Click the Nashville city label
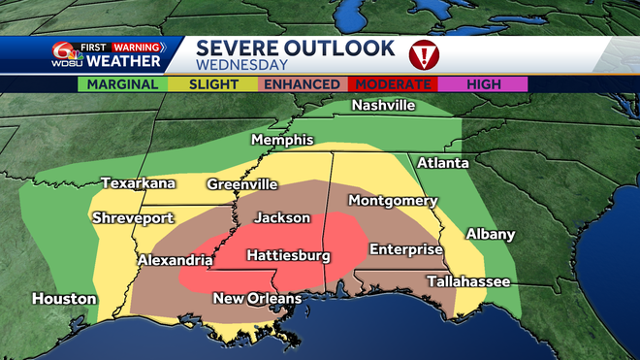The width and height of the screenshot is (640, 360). point(383,105)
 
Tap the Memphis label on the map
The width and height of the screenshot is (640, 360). point(283,141)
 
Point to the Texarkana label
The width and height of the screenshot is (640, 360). point(138,183)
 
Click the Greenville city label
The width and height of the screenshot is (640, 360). point(241,183)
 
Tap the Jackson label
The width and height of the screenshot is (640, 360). point(282,218)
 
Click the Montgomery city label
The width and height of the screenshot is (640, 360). point(393,201)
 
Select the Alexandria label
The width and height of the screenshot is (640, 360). point(175,260)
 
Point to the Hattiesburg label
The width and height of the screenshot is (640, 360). point(288,256)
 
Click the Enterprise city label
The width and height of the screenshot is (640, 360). point(405,249)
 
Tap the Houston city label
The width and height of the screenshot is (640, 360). point(64,299)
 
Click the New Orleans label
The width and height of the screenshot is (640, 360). point(257,299)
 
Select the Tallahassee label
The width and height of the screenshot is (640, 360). point(468,281)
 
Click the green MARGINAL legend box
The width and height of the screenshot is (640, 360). point(122,84)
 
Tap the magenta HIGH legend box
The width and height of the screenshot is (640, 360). point(483,84)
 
